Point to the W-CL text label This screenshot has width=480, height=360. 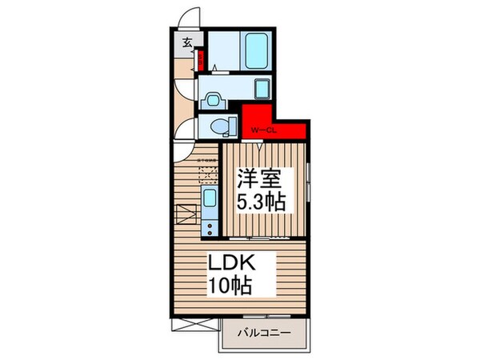point(263,130)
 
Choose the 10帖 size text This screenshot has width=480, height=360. point(232,283)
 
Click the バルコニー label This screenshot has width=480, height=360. point(264,331)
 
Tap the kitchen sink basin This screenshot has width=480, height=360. point(210,198)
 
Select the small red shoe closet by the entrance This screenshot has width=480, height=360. point(202,59)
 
